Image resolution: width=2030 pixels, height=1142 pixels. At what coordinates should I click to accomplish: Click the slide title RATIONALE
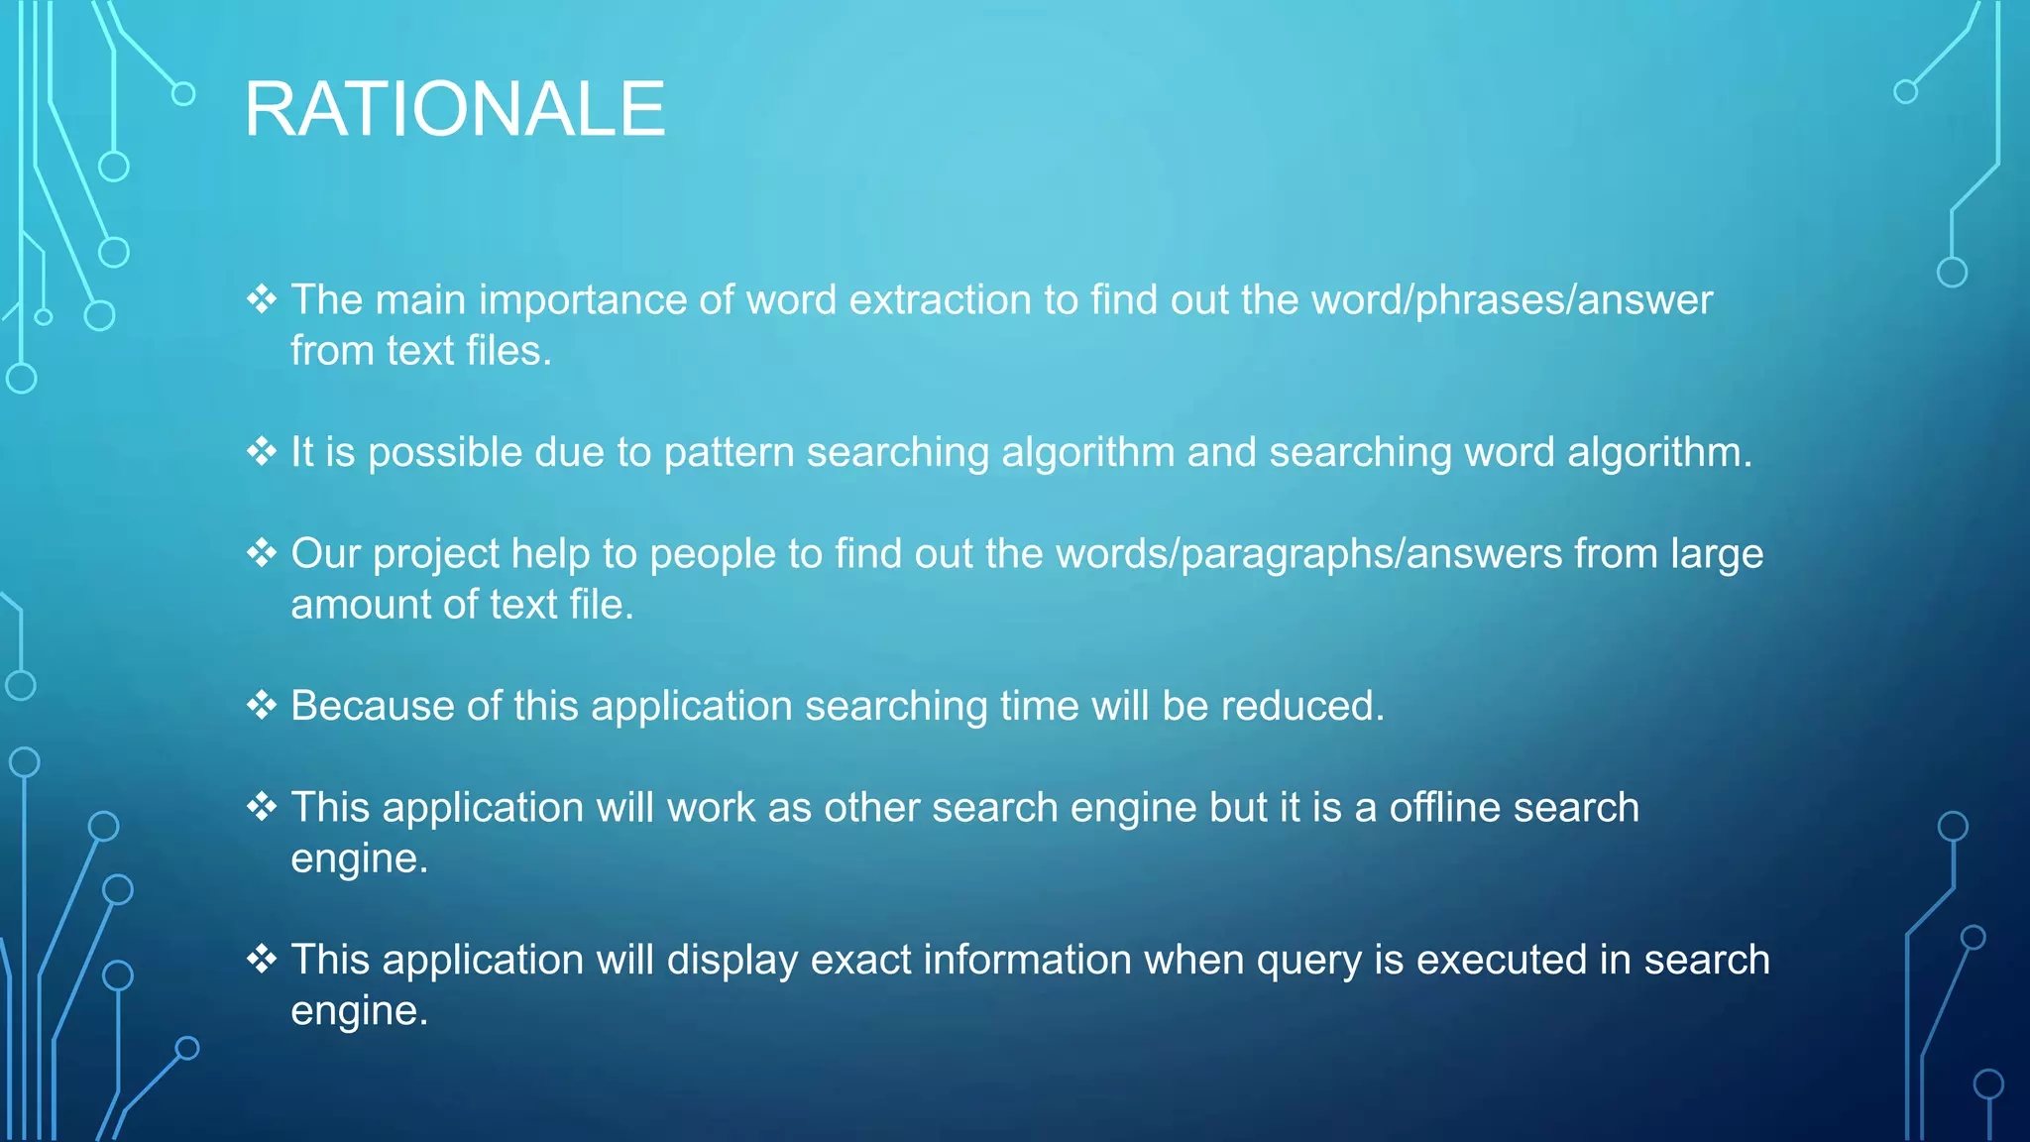click(x=455, y=109)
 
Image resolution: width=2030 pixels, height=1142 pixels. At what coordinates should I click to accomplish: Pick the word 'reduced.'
click(x=1302, y=706)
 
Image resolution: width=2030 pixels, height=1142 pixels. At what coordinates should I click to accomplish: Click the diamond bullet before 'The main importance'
click(x=262, y=298)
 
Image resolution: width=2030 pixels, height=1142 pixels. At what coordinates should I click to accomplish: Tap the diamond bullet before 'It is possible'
click(x=262, y=451)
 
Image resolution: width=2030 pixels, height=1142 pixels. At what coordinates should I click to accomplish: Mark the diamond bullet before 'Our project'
click(x=262, y=552)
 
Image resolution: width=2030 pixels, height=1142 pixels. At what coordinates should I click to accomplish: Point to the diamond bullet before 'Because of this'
click(x=262, y=705)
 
